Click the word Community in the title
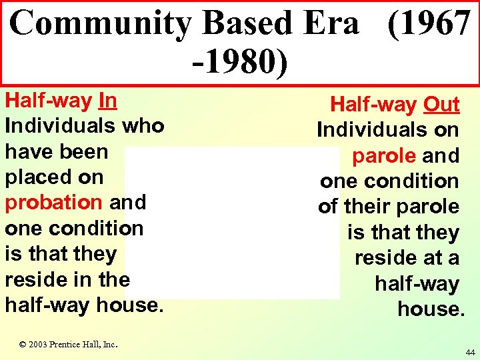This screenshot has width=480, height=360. (x=100, y=23)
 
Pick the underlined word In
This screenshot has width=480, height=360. (x=107, y=101)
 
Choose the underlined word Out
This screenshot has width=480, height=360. (x=441, y=105)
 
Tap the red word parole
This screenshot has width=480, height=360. (x=385, y=156)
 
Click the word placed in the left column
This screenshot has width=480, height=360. (x=54, y=177)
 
